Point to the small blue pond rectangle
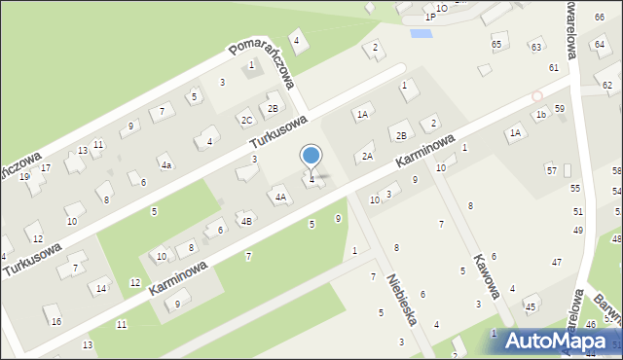coord(421,34)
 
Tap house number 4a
coord(166,165)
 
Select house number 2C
coord(247,120)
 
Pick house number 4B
coord(247,221)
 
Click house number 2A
coord(367,156)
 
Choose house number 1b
coord(540,114)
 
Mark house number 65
coord(496,45)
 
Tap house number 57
coord(551,170)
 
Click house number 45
coord(531,307)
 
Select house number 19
coord(24,176)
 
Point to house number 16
coord(56,321)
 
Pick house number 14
coord(101,288)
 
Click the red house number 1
coord(251,65)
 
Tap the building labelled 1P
coord(430,17)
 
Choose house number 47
coord(557,263)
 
